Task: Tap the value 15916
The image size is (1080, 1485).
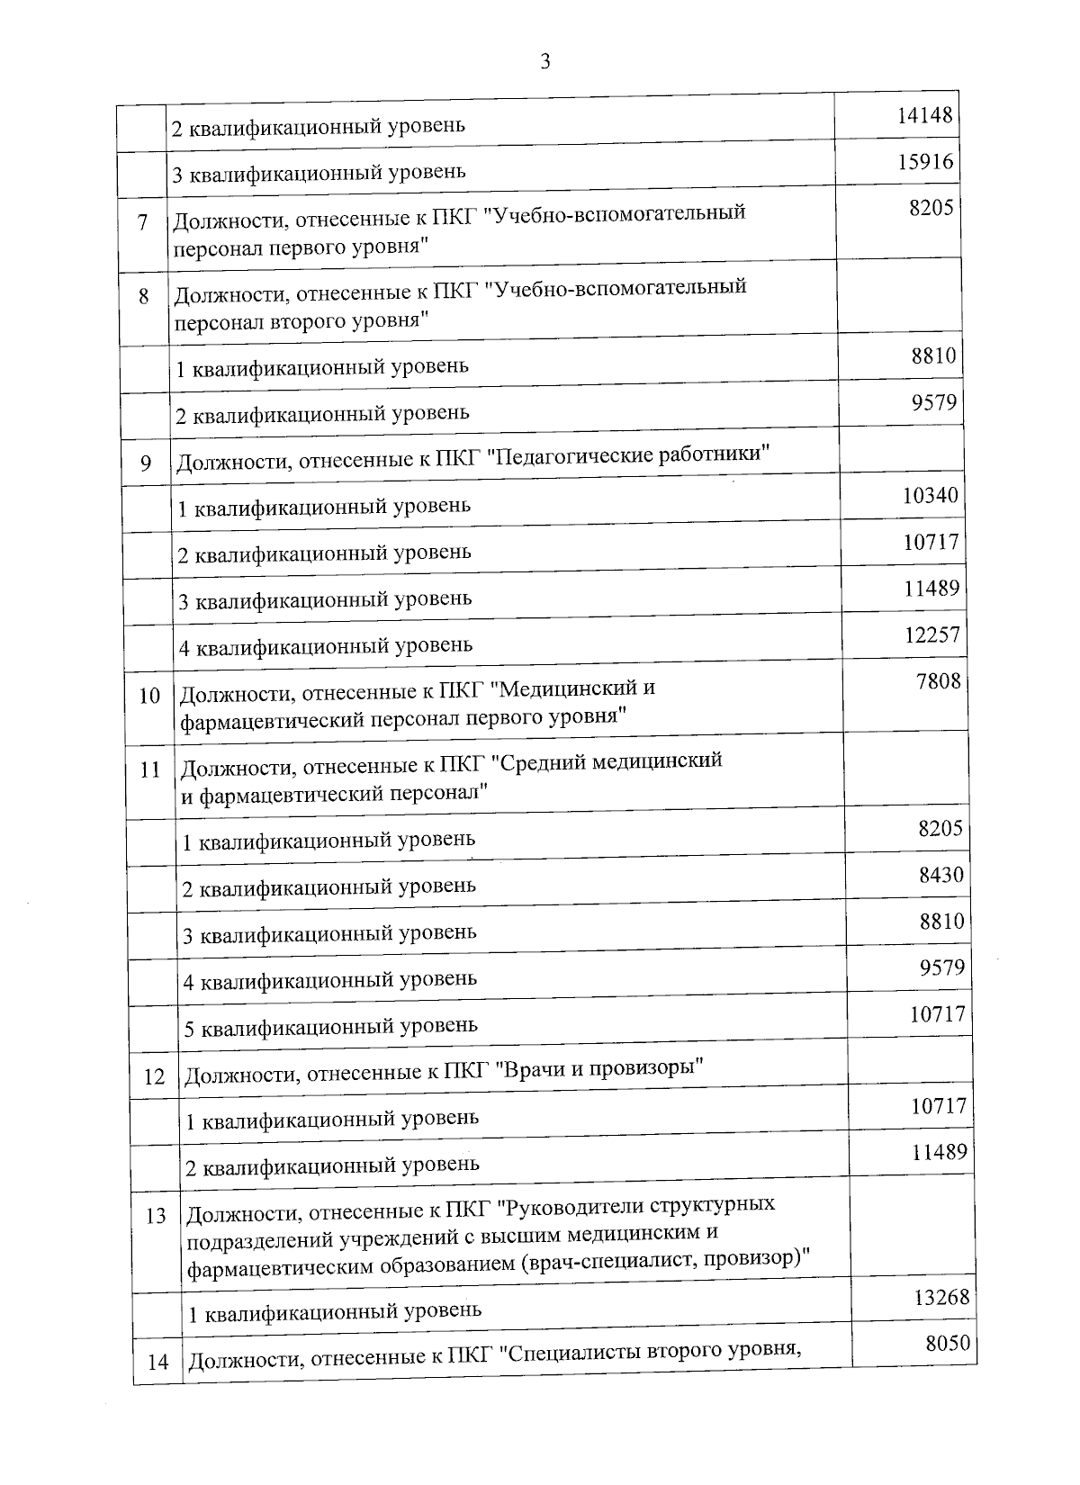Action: [926, 162]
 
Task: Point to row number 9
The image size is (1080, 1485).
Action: [146, 464]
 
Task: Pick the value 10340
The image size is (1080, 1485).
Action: [931, 495]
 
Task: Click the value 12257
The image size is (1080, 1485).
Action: [932, 634]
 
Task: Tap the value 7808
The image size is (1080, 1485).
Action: [938, 681]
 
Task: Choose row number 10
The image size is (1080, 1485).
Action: [149, 696]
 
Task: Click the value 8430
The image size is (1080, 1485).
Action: [941, 874]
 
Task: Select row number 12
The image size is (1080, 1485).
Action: [154, 1076]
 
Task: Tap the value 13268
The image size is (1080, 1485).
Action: [941, 1297]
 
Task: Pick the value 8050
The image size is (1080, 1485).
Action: [948, 1344]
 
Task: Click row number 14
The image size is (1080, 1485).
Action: [157, 1362]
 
